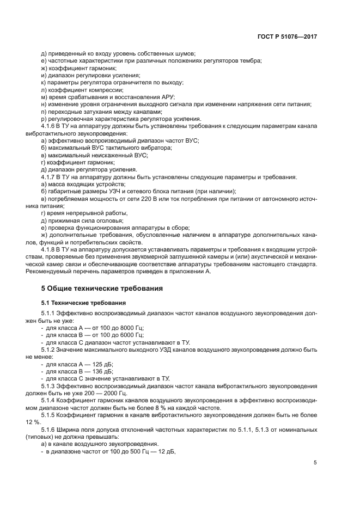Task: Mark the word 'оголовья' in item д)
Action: point(101,220)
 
